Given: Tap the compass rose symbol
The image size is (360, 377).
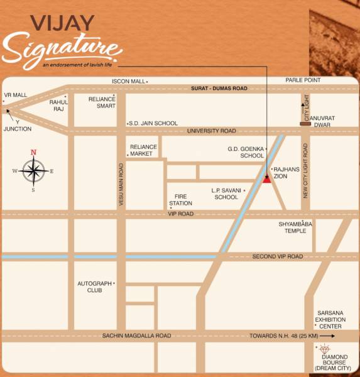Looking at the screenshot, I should (x=34, y=170).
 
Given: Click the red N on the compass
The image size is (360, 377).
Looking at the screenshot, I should (x=34, y=152).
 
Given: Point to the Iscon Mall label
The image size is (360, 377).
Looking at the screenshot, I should (x=129, y=82).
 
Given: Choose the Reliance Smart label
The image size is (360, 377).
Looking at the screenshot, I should (x=102, y=102).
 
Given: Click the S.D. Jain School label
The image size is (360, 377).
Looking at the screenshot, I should (x=154, y=123).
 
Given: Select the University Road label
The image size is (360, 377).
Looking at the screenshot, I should (x=211, y=131).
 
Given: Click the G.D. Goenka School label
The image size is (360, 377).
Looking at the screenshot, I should (x=246, y=152).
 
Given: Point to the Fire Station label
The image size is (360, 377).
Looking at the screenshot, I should (x=180, y=200).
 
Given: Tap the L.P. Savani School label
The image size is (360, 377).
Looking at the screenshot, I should (x=226, y=193).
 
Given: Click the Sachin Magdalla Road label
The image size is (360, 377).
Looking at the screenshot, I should (x=136, y=336).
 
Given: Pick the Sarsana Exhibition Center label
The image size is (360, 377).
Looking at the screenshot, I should (x=330, y=319).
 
